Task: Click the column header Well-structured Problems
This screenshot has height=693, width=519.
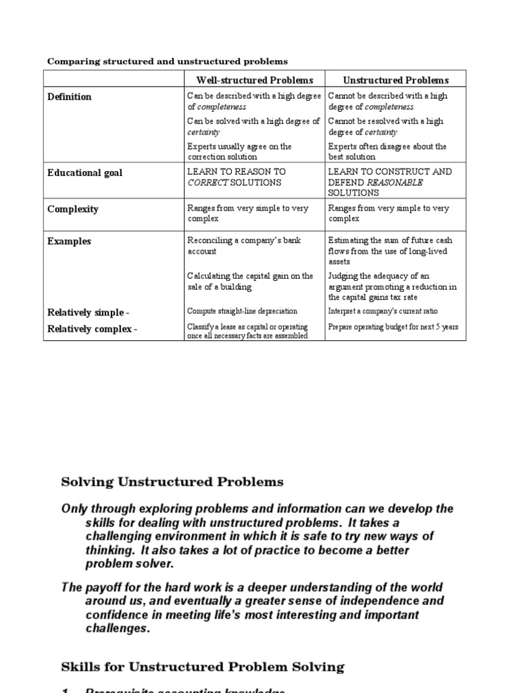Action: (255, 80)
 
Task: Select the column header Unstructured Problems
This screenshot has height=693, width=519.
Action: (395, 80)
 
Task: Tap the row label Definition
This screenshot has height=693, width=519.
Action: (70, 97)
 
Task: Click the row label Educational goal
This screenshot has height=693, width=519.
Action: (85, 173)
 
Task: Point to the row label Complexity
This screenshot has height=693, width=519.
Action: (73, 209)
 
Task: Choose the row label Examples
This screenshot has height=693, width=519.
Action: (69, 242)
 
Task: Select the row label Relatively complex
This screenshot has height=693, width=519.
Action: (89, 329)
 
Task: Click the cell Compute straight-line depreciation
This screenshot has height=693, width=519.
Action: (242, 311)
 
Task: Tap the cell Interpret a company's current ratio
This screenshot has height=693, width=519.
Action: (382, 311)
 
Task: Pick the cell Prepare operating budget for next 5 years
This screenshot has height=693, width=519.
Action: (393, 327)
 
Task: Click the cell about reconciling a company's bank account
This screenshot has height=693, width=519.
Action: (244, 246)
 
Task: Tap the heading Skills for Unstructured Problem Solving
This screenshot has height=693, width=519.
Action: (203, 667)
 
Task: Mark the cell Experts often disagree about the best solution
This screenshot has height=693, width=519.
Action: (387, 152)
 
